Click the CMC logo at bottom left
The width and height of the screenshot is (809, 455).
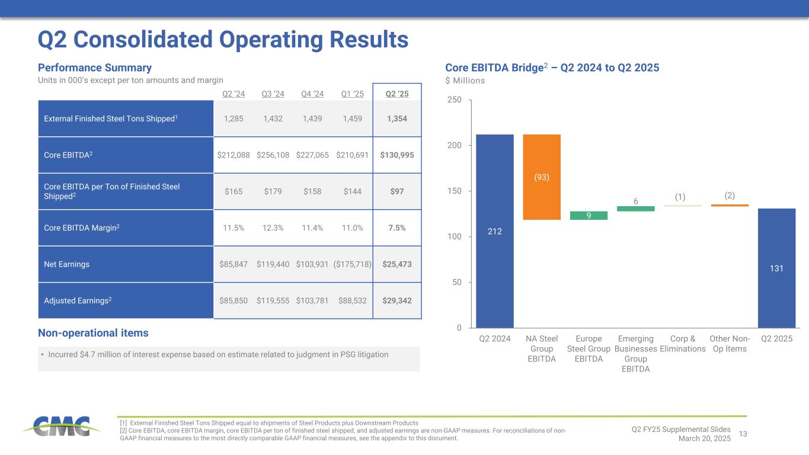click(57, 425)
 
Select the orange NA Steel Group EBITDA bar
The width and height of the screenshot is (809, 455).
click(542, 177)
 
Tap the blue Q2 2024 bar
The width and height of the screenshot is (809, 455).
click(495, 231)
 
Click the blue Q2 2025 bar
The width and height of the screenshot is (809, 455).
click(776, 268)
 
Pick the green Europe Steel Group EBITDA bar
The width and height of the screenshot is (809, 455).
click(589, 216)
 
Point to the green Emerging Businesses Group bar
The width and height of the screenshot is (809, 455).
click(635, 209)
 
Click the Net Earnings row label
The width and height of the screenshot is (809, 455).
click(67, 264)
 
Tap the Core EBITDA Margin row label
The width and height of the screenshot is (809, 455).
click(82, 227)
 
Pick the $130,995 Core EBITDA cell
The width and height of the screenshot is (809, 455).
click(397, 155)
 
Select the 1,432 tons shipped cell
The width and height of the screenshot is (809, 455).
click(273, 118)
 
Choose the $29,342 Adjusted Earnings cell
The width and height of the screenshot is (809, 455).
click(397, 300)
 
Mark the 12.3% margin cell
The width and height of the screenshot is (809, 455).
click(273, 227)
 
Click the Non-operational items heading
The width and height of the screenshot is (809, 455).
click(93, 333)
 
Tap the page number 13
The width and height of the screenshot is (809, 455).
click(743, 435)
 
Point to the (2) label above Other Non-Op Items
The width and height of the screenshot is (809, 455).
click(730, 196)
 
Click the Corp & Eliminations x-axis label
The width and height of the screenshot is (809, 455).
click(682, 344)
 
